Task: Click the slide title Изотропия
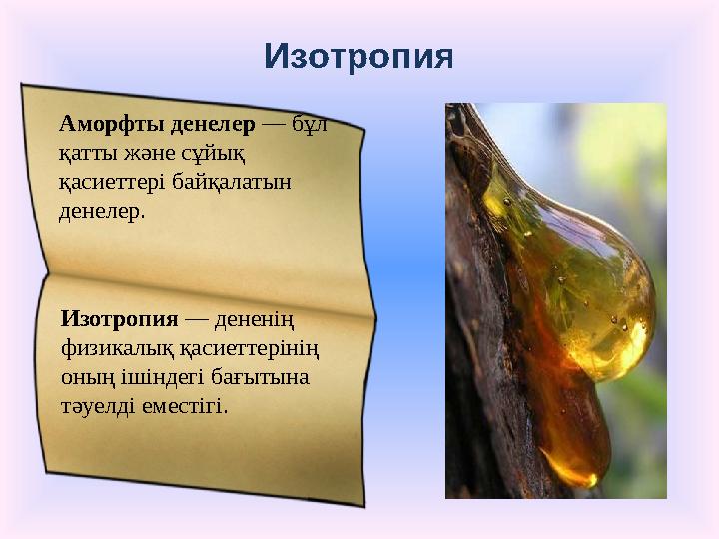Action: click(x=359, y=56)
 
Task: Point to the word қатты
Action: click(x=90, y=155)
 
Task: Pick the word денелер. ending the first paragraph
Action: click(x=103, y=211)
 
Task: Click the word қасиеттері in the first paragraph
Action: click(x=109, y=183)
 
